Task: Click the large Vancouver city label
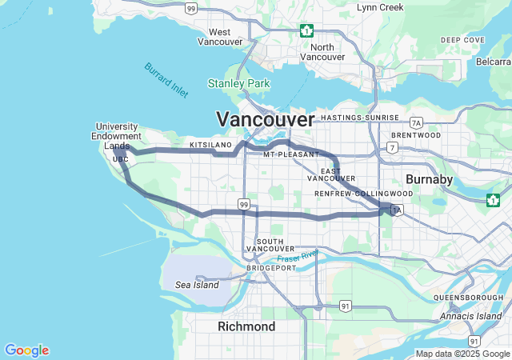(x=265, y=119)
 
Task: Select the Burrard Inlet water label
(x=166, y=80)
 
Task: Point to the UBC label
(x=121, y=159)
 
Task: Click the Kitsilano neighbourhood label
(x=210, y=145)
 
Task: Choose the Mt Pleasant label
(x=290, y=154)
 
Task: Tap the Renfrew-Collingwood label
(x=363, y=194)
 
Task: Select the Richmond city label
(x=246, y=326)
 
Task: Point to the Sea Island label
(x=197, y=285)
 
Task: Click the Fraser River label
(x=298, y=257)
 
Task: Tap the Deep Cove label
(x=462, y=40)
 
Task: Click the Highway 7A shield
(x=415, y=122)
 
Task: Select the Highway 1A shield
(x=397, y=210)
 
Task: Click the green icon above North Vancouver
(x=306, y=30)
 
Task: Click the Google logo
(x=26, y=350)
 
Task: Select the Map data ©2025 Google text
(x=462, y=354)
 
